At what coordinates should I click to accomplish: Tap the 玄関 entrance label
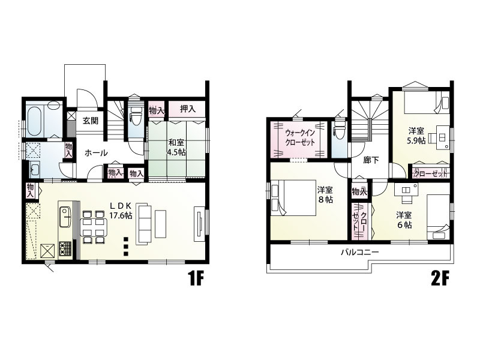pos(91,121)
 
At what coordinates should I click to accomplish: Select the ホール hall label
pos(96,153)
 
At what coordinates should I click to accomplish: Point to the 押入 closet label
pos(188,109)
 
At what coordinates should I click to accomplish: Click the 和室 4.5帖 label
pos(176,148)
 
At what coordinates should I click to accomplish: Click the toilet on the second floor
pos(340,129)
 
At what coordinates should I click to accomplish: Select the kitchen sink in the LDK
pos(65,213)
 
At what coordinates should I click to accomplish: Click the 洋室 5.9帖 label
pos(418,134)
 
